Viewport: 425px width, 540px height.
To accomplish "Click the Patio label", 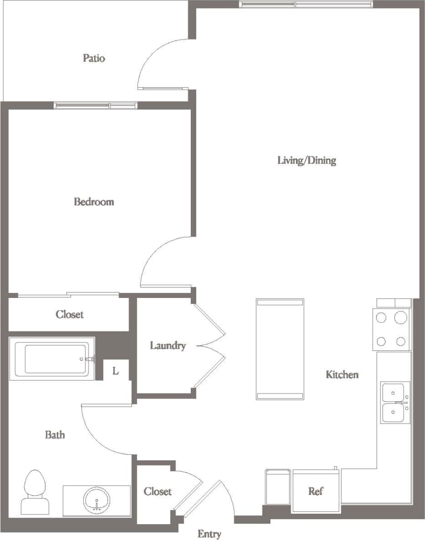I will pos(94,58).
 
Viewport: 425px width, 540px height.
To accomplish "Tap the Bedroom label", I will pos(94,201).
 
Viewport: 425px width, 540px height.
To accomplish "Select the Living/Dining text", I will pos(306,160).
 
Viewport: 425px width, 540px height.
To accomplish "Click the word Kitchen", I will pos(342,375).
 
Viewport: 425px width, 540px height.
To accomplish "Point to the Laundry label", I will pos(168,345).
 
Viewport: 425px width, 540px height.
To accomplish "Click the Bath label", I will pos(55,435).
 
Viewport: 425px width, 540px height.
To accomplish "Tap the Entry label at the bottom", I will pos(210,534).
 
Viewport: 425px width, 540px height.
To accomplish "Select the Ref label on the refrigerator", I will pos(316,491).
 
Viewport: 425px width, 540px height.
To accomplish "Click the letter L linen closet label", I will pos(116,371).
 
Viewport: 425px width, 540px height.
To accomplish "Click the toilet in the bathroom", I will pos(34,491).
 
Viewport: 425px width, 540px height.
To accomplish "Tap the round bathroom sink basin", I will pos(97,500).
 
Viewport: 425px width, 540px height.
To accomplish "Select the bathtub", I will pos(51,359).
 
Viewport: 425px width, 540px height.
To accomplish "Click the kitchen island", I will pos(280,349).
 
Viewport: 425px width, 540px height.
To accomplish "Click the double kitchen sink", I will pos(395,402).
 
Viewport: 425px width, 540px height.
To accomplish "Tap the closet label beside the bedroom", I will pos(70,314).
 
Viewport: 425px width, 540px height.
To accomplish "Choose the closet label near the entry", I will pos(158,491).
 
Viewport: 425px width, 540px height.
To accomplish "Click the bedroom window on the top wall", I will pos(95,105).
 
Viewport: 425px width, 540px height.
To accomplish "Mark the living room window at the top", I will pos(306,4).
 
